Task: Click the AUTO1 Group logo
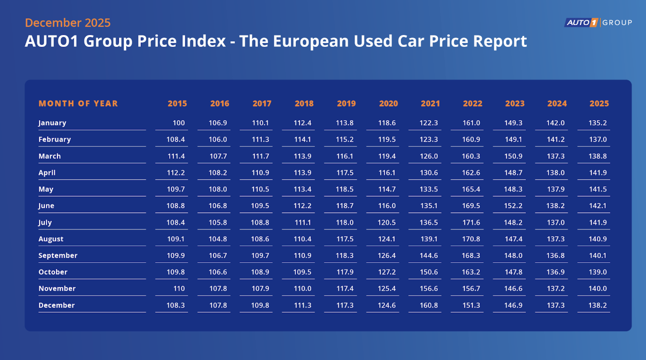point(598,23)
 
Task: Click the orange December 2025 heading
point(68,23)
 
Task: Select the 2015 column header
point(177,103)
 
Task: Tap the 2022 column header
point(472,103)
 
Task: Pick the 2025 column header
point(599,103)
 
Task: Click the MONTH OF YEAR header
point(78,103)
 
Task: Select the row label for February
point(55,139)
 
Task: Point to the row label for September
point(58,255)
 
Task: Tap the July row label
point(45,222)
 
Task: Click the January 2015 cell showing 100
point(179,123)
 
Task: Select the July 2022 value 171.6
point(471,222)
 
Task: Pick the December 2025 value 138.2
point(597,305)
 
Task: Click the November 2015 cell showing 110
point(179,288)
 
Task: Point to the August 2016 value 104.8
point(218,239)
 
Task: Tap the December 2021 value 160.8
point(429,305)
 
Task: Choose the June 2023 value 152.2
point(513,206)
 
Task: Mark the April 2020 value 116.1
point(387,173)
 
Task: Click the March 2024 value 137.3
point(556,156)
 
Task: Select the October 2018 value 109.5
point(302,272)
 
